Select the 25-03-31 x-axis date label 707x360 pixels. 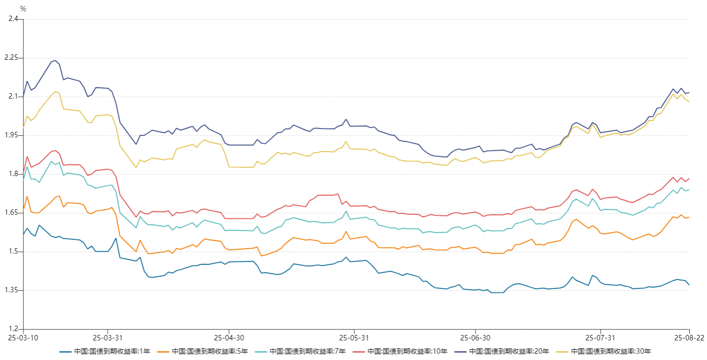click(107, 338)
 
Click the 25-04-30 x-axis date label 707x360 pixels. click(229, 338)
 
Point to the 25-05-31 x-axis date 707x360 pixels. click(354, 338)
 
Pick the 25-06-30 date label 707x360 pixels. click(475, 338)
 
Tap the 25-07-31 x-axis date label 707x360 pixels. click(601, 338)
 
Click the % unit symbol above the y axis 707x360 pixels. click(23, 9)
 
